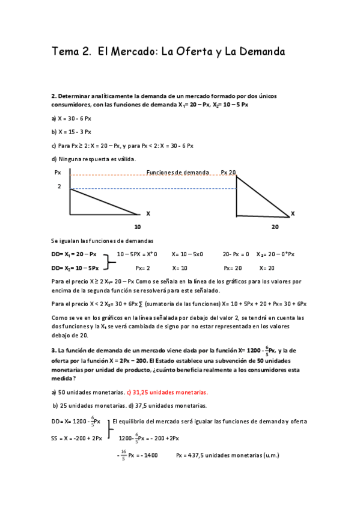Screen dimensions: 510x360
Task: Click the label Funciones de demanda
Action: [x=177, y=173]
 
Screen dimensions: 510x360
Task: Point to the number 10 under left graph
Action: [x=137, y=227]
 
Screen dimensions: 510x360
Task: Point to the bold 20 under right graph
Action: [x=275, y=227]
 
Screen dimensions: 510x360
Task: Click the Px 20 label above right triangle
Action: [x=228, y=173]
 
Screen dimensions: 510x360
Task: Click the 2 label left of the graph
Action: [x=59, y=187]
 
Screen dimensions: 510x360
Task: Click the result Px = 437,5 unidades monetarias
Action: [x=227, y=456]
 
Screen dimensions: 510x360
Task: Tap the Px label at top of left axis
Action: [x=58, y=173]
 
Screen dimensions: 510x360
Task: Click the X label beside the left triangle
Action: [x=148, y=214]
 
